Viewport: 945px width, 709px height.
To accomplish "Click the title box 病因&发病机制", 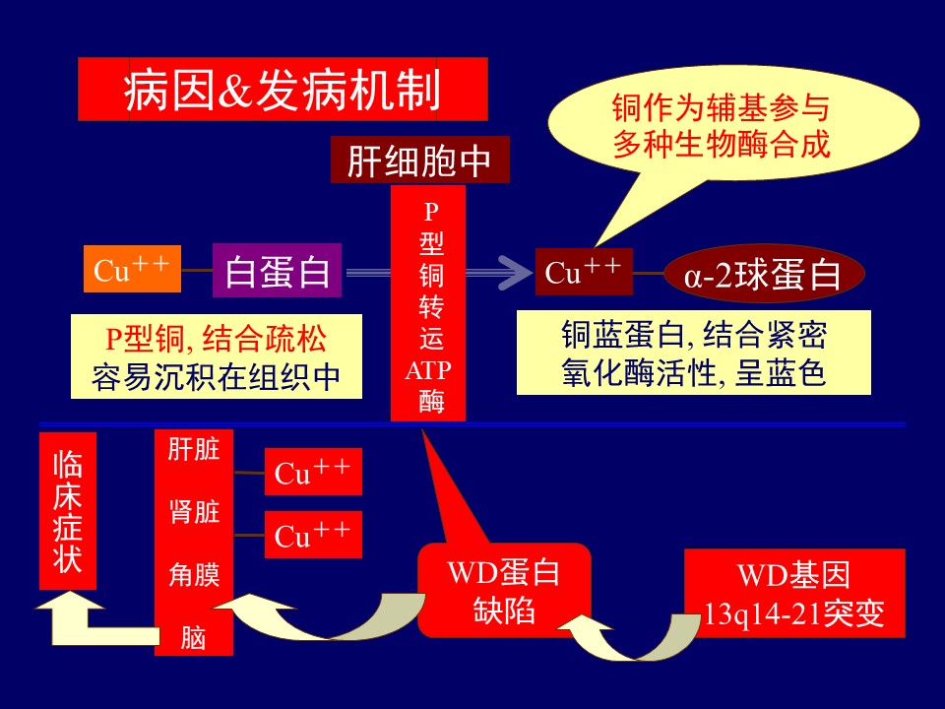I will (x=283, y=90).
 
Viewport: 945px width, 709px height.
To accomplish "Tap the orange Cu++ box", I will (x=132, y=269).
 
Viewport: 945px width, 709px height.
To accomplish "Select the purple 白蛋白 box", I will (x=277, y=271).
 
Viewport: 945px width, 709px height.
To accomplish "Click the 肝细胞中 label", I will (x=419, y=161).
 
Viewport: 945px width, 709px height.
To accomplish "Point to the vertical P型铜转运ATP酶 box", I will (x=428, y=303).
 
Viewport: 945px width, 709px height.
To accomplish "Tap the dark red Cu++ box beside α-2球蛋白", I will (x=584, y=273).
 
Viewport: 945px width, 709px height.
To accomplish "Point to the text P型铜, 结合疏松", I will (x=217, y=340).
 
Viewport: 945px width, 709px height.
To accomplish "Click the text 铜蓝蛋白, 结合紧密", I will (x=693, y=336).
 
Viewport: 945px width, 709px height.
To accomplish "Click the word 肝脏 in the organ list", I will (x=194, y=450).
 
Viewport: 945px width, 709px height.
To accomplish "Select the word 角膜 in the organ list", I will (x=194, y=575).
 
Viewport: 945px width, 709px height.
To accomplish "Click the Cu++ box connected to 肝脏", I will (x=313, y=473).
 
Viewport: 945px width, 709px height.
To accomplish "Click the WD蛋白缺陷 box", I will (x=503, y=591).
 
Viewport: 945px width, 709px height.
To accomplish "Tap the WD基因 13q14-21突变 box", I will (x=793, y=595).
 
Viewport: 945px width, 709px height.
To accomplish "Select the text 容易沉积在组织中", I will (x=216, y=377).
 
